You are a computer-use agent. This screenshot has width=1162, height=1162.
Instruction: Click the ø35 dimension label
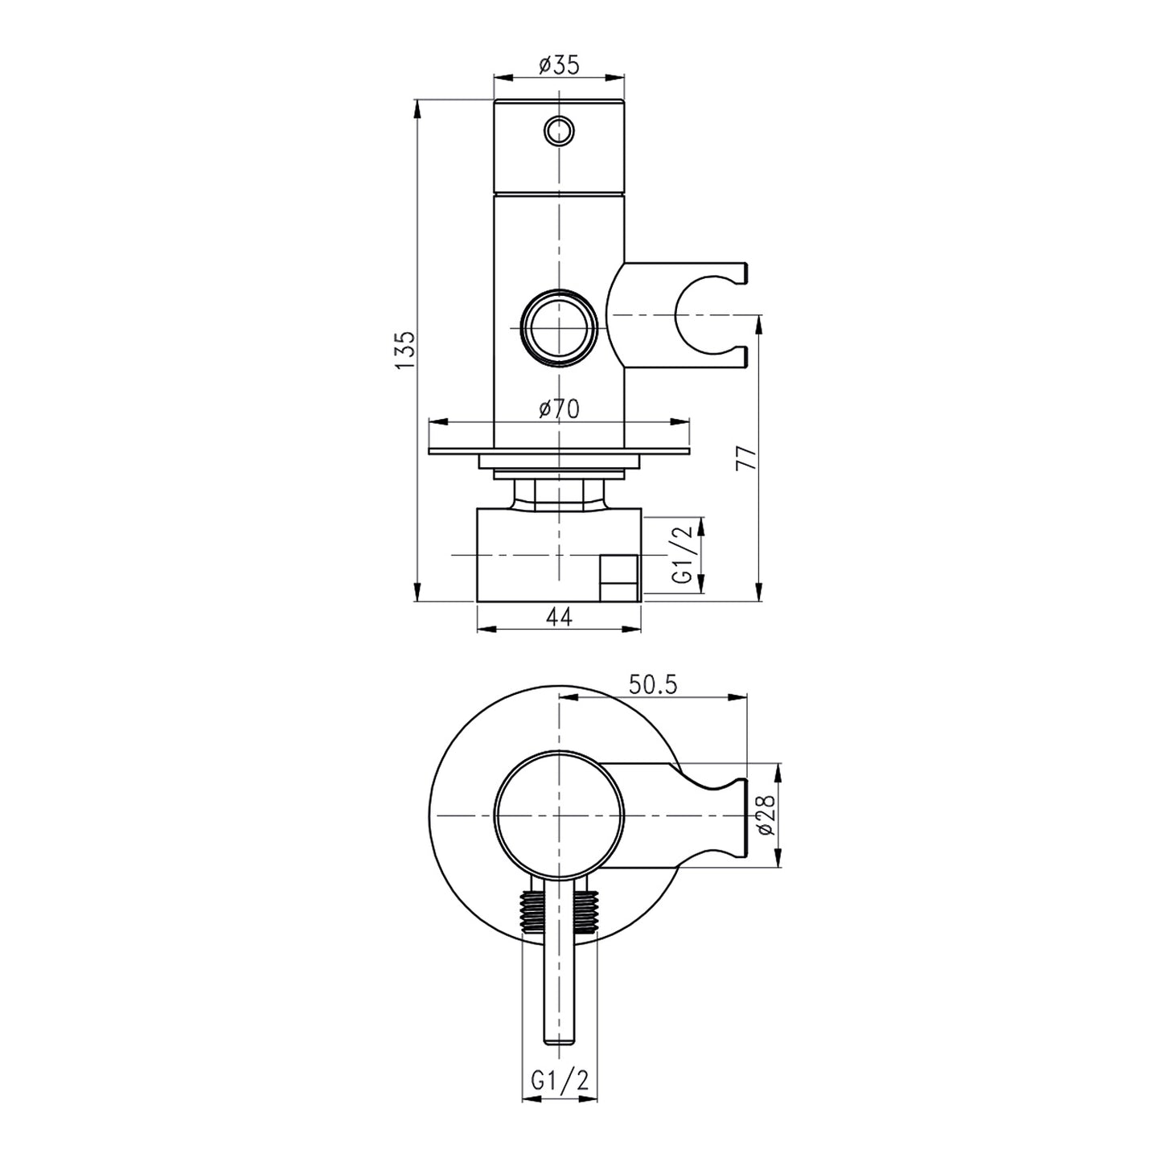click(x=559, y=65)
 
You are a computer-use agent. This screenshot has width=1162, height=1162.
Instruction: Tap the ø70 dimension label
click(x=559, y=409)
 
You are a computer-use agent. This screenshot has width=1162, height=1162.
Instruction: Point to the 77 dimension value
click(x=747, y=458)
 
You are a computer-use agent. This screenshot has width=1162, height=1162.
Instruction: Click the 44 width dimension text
click(x=559, y=616)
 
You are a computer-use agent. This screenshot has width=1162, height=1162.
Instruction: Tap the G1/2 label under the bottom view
click(x=560, y=1082)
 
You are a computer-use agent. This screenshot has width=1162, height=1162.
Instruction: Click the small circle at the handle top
click(x=559, y=129)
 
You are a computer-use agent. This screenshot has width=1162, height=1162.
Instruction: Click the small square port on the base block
click(x=619, y=577)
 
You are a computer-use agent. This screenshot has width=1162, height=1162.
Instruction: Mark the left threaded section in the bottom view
click(x=533, y=913)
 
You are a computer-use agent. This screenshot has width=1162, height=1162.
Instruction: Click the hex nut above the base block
click(x=559, y=493)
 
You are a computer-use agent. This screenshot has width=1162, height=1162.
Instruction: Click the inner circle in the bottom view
click(x=559, y=815)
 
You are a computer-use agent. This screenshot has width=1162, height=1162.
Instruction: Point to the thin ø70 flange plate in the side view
click(x=559, y=450)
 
